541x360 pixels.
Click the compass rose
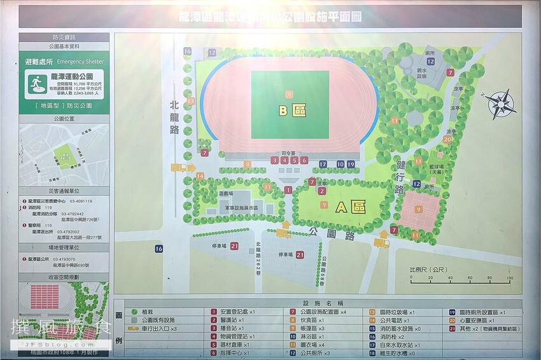[502, 104]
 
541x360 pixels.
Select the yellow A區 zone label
[349, 207]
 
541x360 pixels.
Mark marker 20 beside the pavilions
[447, 139]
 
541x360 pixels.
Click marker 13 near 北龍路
[190, 101]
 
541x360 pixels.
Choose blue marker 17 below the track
[323, 165]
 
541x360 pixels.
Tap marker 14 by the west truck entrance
[200, 176]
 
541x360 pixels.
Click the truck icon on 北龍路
[179, 168]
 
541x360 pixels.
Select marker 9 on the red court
[419, 209]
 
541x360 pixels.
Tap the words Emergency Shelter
[80, 62]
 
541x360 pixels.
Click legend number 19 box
[452, 312]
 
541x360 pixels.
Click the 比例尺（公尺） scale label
[430, 268]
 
